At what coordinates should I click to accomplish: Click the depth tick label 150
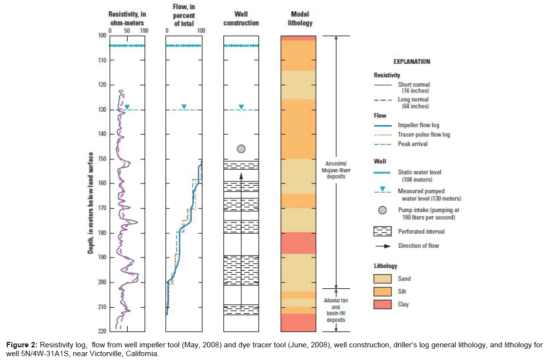click(103, 159)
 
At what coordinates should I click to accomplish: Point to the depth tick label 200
click(103, 282)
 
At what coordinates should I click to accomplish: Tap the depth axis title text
click(91, 203)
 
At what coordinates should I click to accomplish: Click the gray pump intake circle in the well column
click(241, 149)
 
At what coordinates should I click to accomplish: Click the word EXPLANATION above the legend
click(411, 62)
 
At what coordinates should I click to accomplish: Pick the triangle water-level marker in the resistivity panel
click(127, 107)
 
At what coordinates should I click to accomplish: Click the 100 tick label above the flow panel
click(200, 30)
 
